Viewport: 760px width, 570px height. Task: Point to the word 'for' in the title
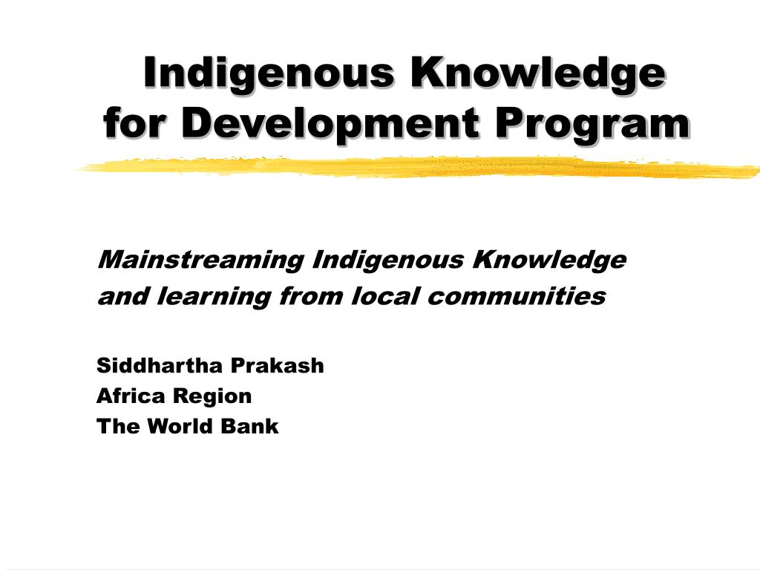tap(137, 123)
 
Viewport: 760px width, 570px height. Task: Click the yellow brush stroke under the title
tap(416, 168)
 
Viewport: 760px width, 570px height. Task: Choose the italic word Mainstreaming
tap(200, 261)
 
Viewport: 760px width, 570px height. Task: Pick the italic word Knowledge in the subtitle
tap(550, 261)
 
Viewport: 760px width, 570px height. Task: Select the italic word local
tap(386, 297)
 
